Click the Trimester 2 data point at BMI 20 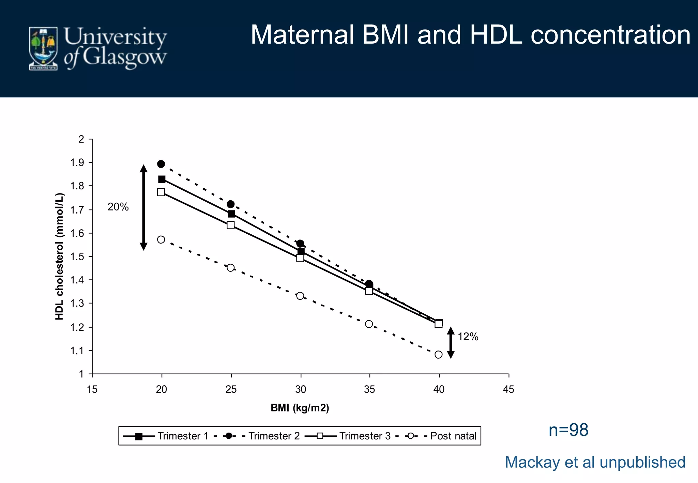[x=161, y=164]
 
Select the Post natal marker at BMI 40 [x=439, y=355]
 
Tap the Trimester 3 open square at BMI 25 [x=231, y=225]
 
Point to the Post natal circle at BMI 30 [x=300, y=296]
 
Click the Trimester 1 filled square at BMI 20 [x=162, y=179]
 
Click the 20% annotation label [x=118, y=207]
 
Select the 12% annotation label [x=468, y=337]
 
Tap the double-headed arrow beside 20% [x=143, y=207]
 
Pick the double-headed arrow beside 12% [x=451, y=342]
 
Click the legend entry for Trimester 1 [x=166, y=436]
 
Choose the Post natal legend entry [x=443, y=436]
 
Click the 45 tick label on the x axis [x=508, y=389]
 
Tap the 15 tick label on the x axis [x=92, y=389]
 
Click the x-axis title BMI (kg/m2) [x=300, y=408]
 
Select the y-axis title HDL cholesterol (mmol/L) [x=60, y=256]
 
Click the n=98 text [x=568, y=430]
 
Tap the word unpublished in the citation [x=642, y=462]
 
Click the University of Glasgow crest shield [x=43, y=48]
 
